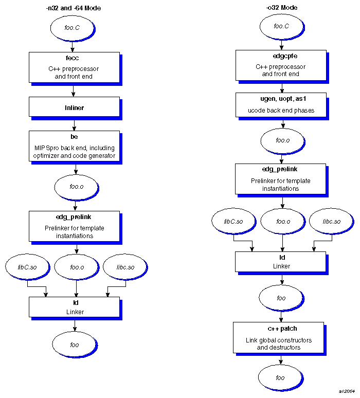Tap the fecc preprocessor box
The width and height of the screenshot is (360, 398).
(74, 67)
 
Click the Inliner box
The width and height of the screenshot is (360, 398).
(74, 107)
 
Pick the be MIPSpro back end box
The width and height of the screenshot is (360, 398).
(74, 146)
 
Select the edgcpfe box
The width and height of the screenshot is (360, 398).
(280, 65)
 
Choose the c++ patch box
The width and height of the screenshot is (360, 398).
(278, 337)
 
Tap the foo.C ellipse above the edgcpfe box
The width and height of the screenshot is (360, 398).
(281, 26)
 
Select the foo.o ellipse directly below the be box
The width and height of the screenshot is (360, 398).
(76, 187)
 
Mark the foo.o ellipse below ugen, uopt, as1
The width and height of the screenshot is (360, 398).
(282, 140)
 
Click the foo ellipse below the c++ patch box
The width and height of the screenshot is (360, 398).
(280, 378)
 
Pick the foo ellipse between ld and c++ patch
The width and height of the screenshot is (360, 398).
(281, 298)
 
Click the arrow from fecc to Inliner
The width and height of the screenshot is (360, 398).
(74, 91)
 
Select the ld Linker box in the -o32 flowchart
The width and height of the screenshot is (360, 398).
(280, 262)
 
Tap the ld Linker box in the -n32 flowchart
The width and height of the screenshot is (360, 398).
(74, 307)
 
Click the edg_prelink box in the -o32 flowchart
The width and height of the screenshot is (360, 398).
(280, 179)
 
